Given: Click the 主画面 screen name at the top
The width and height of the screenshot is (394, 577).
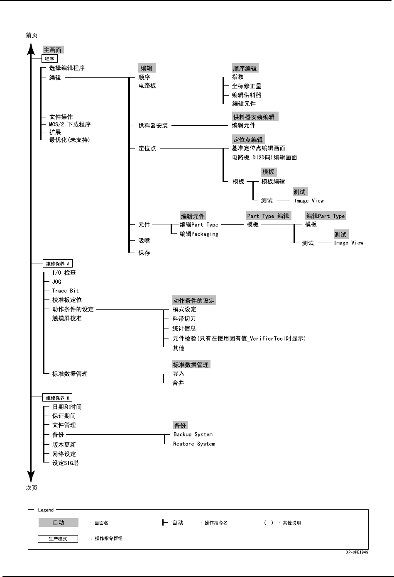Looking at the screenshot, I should [x=53, y=50].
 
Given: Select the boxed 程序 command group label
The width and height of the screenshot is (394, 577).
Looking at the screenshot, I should [x=49, y=59].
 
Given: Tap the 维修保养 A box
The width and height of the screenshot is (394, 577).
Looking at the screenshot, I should [x=58, y=263].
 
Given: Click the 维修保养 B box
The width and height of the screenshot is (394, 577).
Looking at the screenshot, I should [x=58, y=398].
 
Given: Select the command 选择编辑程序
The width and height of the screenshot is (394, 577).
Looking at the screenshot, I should [x=67, y=68].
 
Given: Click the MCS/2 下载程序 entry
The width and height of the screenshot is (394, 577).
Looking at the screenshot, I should [x=70, y=124].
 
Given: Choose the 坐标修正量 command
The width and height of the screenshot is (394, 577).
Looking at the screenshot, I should [x=247, y=86].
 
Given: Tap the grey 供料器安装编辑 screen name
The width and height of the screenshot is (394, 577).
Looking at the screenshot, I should [x=254, y=117].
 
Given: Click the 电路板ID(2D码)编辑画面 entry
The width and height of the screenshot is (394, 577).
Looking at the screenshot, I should [x=264, y=158].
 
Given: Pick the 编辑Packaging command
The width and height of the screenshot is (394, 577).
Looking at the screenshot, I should [x=199, y=234].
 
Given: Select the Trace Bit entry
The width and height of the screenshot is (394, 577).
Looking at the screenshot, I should [x=65, y=291].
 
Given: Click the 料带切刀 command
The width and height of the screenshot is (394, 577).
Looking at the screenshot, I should [x=184, y=319].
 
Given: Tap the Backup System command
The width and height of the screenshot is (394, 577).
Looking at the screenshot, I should [x=193, y=434].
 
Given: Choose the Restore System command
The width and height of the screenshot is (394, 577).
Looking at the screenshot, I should [x=194, y=444].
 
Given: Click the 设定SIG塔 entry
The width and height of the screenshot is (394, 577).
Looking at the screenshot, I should [x=65, y=463].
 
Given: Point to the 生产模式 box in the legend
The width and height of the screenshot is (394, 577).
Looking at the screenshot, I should [x=58, y=539].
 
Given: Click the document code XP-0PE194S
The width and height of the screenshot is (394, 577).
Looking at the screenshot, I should [x=357, y=553].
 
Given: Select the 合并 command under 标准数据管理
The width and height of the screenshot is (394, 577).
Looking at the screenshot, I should [x=178, y=383].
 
